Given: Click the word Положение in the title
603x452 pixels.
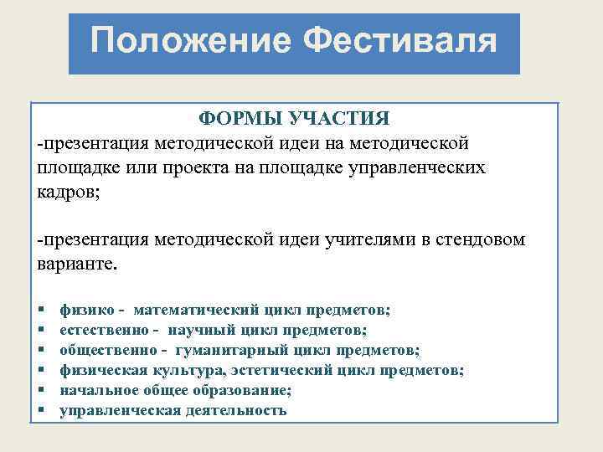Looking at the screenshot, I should tap(189, 41).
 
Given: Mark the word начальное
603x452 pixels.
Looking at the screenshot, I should tap(97, 390).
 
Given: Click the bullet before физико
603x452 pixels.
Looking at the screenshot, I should tap(41, 311).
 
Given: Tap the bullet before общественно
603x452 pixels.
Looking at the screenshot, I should tap(41, 351).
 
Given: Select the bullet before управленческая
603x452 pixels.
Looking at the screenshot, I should tap(41, 411).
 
